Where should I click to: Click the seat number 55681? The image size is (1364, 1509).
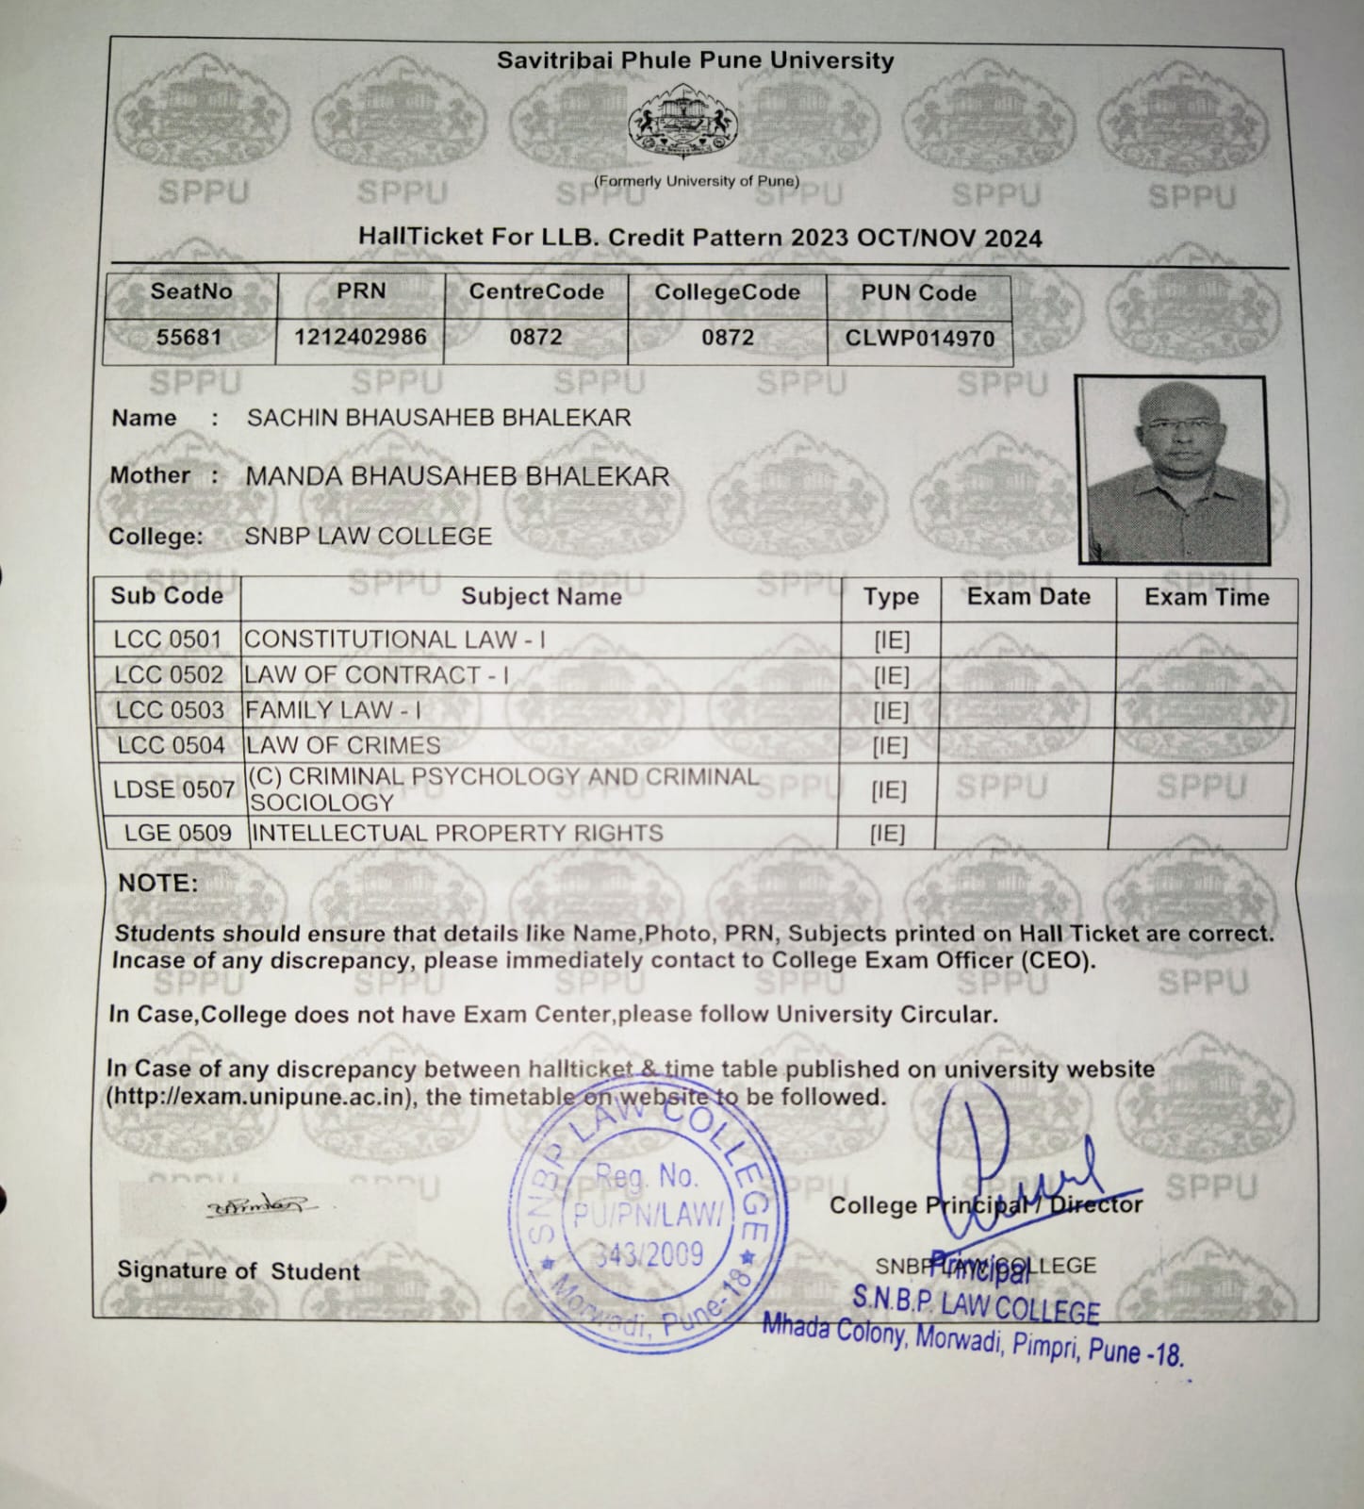(x=189, y=337)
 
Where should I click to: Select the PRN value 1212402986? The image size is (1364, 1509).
(x=360, y=337)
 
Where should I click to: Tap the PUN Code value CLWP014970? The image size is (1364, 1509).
(x=919, y=338)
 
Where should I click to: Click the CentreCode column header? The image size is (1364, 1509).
(x=536, y=291)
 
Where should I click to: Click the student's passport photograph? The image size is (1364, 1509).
(x=1172, y=470)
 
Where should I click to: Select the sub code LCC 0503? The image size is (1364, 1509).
(x=170, y=710)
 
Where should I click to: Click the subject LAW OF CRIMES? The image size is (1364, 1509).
(x=342, y=745)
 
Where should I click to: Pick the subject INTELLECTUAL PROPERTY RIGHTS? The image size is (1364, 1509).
(x=457, y=833)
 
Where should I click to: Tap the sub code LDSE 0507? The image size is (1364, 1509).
(x=173, y=789)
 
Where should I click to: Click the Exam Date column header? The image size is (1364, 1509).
(x=1027, y=596)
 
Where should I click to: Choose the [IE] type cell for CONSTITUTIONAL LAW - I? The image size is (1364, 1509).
(x=891, y=641)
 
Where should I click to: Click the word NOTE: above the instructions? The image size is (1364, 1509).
(x=157, y=884)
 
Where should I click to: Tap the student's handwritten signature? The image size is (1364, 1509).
(x=262, y=1206)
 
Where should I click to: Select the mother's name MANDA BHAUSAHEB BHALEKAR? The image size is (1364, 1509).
(x=457, y=477)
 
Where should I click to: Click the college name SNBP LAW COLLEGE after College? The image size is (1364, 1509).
(x=368, y=537)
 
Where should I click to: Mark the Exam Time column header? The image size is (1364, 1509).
(x=1206, y=597)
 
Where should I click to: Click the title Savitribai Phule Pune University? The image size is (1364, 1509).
(x=695, y=60)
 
